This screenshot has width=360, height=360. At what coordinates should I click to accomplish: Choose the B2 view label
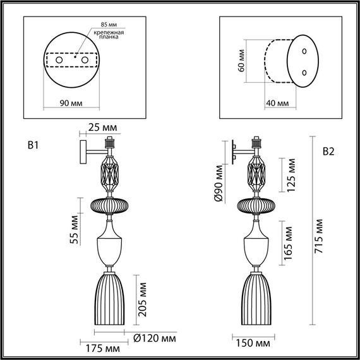click(x=328, y=152)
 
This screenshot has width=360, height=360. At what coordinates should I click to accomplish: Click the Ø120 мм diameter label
click(x=155, y=339)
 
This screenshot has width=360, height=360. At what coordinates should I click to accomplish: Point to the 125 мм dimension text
click(x=292, y=176)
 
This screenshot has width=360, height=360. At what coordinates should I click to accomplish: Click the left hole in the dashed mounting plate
click(x=59, y=59)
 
